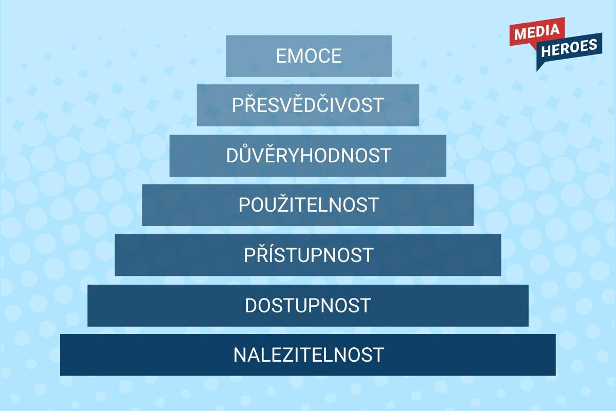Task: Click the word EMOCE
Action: coord(309,56)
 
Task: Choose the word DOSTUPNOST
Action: coord(308,306)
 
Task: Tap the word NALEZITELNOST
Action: coord(309,355)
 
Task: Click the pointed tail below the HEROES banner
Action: coord(540,65)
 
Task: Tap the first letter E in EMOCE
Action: coord(282,56)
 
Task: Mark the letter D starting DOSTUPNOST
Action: coord(251,306)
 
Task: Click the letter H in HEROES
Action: coord(546,51)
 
